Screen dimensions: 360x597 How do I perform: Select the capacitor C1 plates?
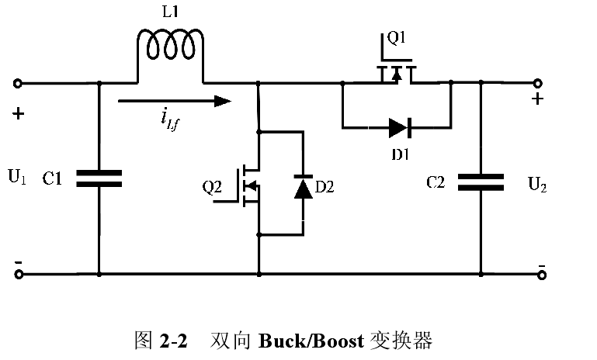[99, 178]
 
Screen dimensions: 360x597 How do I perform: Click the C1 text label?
[53, 179]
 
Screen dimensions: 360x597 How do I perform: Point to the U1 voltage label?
[17, 178]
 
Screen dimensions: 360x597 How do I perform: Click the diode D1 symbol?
[400, 126]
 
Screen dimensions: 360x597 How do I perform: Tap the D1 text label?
[400, 154]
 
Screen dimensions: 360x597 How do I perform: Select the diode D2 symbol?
[303, 188]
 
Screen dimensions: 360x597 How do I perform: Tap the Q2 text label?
[212, 186]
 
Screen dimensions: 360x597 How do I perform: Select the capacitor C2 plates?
[481, 182]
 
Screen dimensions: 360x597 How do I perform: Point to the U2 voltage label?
[536, 184]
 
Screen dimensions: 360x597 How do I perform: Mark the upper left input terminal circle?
[18, 83]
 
